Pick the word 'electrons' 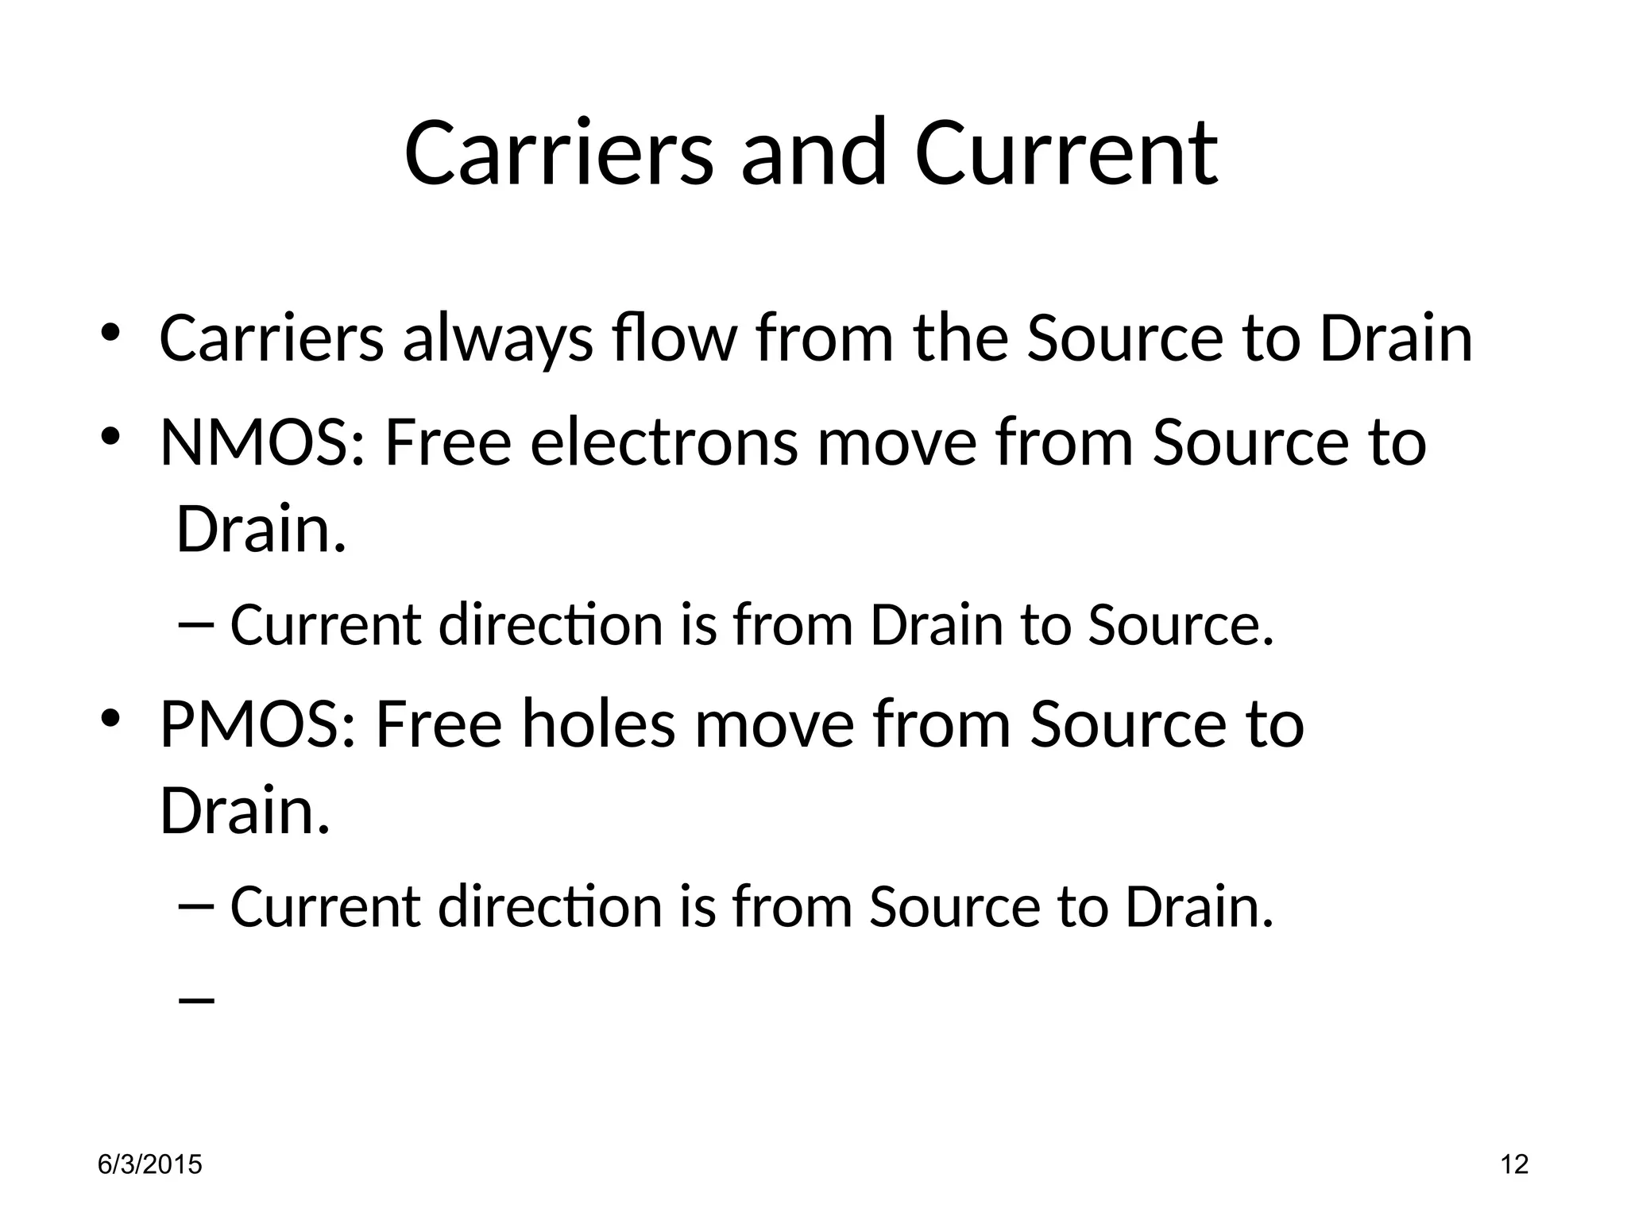click(663, 443)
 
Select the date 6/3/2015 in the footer click(149, 1164)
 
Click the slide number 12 click(1515, 1164)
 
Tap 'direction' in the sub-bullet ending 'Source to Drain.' click(550, 906)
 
